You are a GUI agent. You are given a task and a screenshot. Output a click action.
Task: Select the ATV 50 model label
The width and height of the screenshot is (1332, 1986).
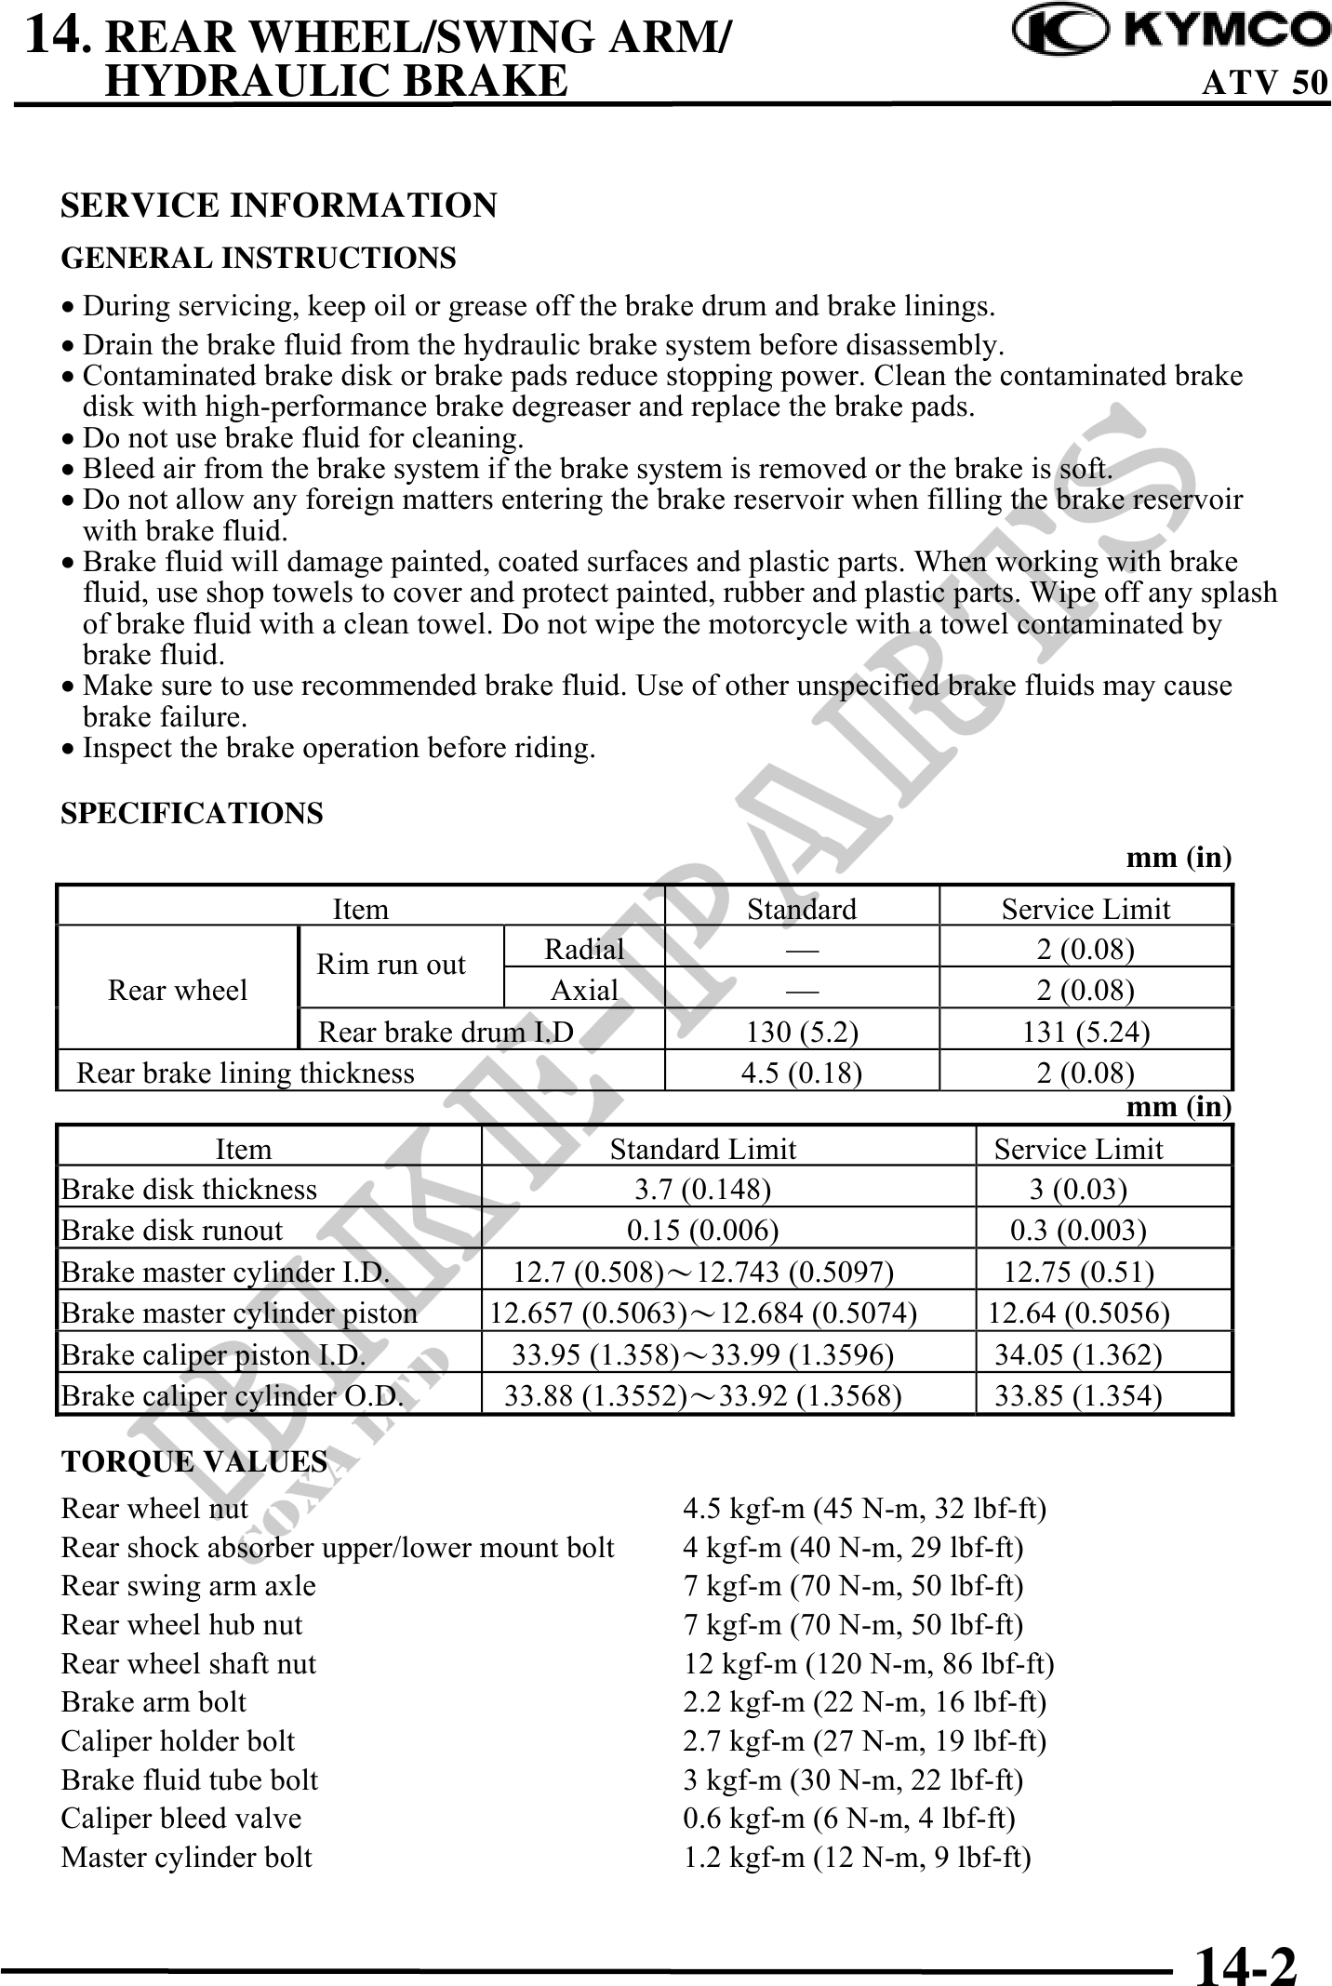click(1265, 83)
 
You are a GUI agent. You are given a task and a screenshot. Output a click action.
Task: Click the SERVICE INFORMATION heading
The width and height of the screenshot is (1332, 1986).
click(278, 205)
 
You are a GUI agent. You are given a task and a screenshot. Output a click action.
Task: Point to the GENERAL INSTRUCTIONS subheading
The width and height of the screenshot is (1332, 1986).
click(259, 258)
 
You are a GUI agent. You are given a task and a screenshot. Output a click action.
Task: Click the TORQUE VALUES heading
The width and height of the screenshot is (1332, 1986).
click(193, 1461)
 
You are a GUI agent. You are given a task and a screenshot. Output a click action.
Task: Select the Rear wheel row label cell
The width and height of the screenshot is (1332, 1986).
click(178, 990)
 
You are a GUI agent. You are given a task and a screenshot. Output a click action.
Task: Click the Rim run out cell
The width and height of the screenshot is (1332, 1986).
click(391, 965)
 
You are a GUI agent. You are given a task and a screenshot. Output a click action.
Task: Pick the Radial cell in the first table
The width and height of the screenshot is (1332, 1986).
click(584, 949)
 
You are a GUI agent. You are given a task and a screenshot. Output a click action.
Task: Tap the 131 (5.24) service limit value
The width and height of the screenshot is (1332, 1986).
click(1086, 1032)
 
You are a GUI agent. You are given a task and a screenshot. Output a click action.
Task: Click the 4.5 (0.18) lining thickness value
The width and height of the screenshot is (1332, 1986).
click(801, 1073)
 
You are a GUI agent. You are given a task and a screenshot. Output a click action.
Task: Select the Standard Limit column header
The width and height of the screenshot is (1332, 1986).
click(703, 1149)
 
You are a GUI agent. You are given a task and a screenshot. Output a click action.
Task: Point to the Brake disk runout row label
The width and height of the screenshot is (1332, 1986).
click(172, 1231)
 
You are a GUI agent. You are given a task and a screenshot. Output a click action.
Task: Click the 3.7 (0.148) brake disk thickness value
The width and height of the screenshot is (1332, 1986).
click(702, 1190)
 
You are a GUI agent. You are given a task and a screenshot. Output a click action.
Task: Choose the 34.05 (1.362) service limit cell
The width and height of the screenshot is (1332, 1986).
click(1078, 1354)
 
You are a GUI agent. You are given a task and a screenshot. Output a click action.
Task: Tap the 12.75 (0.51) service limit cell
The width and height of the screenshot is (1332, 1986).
click(1079, 1272)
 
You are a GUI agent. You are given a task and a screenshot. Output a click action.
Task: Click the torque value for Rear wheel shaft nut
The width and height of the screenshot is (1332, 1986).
click(869, 1663)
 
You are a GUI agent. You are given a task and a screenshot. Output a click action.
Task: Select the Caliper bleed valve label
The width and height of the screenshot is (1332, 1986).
click(181, 1818)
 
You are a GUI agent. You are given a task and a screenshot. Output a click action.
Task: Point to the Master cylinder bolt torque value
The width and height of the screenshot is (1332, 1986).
click(857, 1857)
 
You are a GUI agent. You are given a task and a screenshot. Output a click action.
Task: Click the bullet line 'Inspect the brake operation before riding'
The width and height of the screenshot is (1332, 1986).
click(339, 748)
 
